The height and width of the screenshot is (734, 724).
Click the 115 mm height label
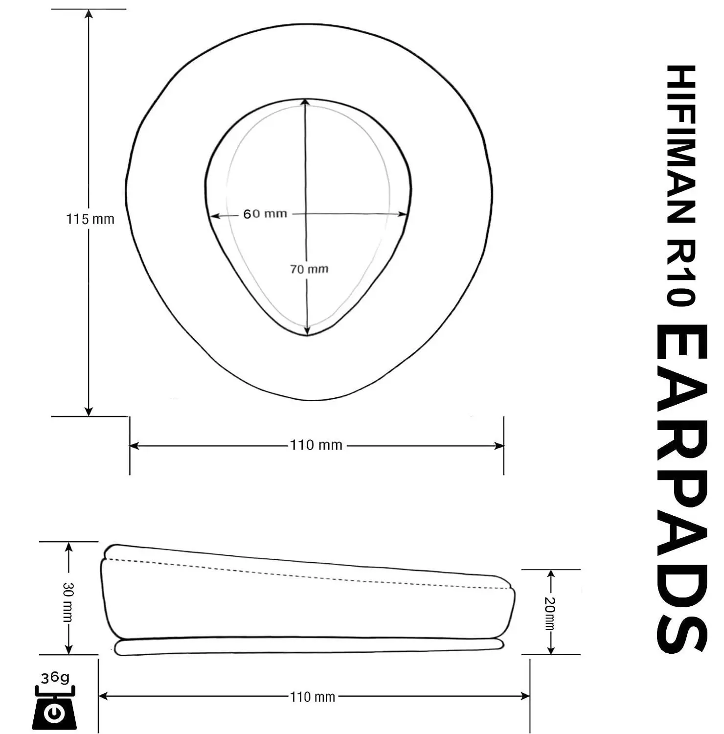pos(90,219)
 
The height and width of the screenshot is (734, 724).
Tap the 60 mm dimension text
pos(265,214)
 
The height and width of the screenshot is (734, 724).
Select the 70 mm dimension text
pos(309,269)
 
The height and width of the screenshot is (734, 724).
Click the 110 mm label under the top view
pos(316,445)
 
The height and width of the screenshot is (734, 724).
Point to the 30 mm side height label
pos(68,602)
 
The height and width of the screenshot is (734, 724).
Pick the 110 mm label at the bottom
pos(313,697)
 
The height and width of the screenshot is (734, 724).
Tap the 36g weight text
pos(55,678)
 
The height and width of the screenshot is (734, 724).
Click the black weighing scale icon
pos(55,707)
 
